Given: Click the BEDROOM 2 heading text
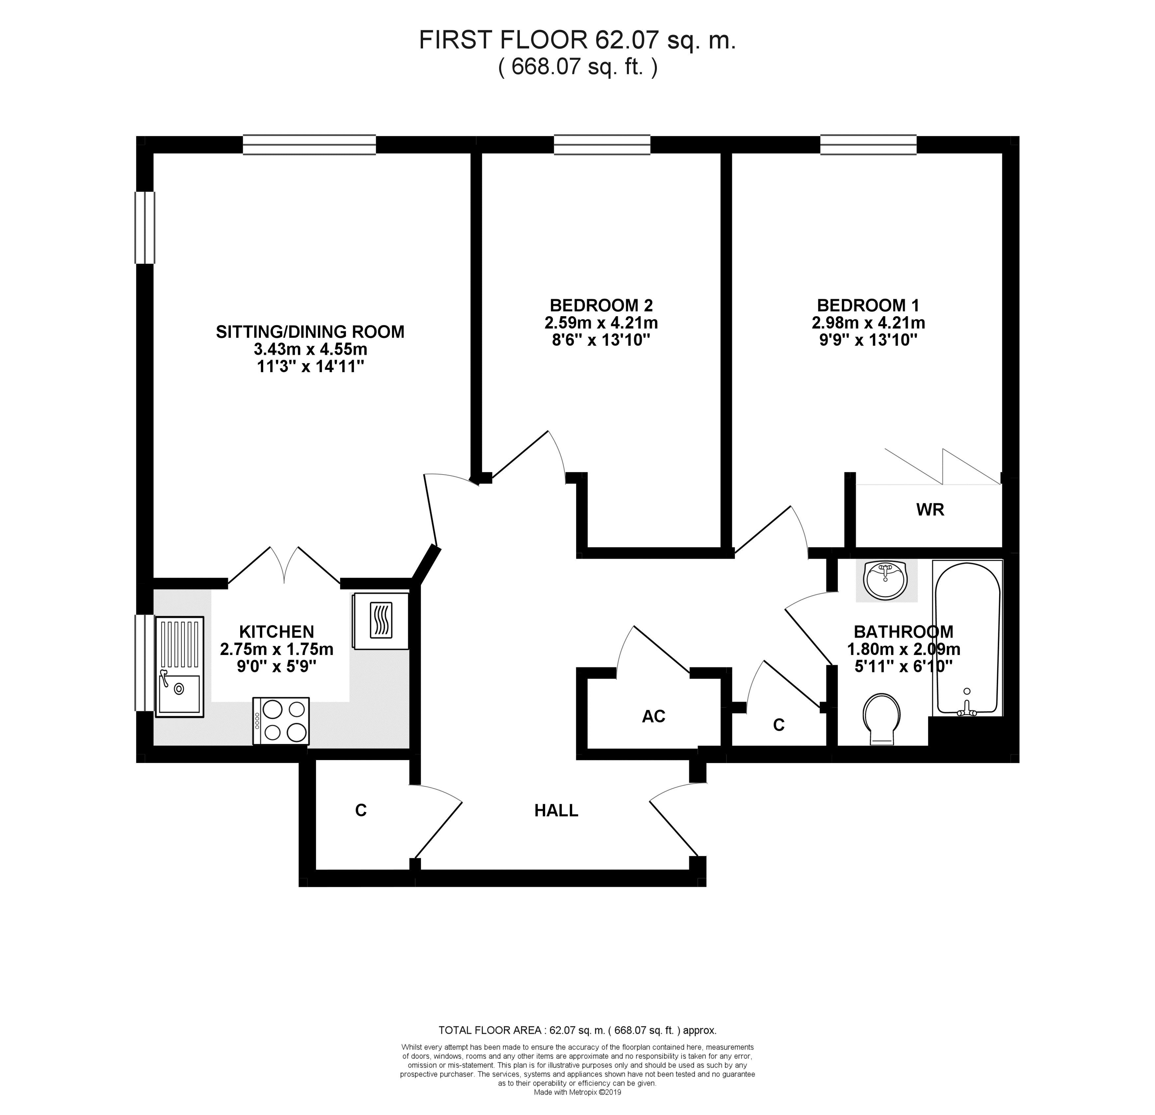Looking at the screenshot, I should click(x=601, y=305).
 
